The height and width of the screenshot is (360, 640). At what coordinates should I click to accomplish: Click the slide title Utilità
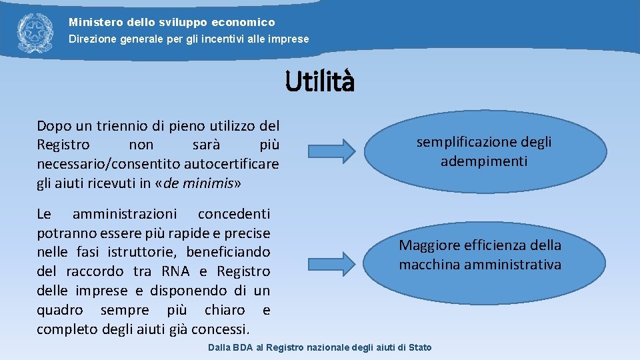pos(320,82)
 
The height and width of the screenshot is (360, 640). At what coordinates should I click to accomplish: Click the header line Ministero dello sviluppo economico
pos(171,23)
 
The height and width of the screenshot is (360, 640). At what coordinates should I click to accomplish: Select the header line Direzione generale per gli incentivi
pos(189,39)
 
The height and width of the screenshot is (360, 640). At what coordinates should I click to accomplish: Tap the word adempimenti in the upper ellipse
pos(483,161)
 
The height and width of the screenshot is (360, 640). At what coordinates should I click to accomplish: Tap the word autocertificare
pos(233,164)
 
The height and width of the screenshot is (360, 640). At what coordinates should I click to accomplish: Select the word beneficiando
pos(228,252)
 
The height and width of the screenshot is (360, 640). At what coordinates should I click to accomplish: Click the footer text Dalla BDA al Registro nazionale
pos(319,347)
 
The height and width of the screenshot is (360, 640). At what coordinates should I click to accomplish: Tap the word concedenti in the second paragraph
pos(234,213)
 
